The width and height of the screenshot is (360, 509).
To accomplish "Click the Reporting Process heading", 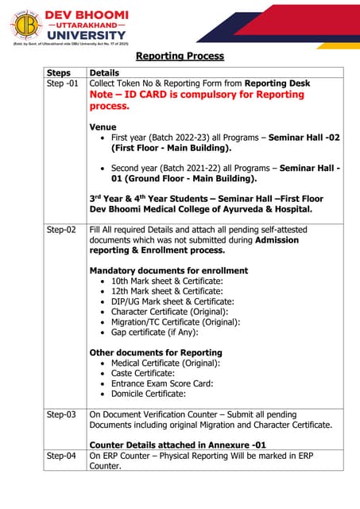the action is (x=180, y=56).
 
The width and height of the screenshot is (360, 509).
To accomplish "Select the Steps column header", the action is (x=59, y=72).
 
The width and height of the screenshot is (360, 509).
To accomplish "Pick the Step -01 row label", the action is (x=63, y=84).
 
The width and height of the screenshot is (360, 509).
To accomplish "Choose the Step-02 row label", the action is (x=61, y=230).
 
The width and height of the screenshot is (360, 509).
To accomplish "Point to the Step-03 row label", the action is (x=61, y=414).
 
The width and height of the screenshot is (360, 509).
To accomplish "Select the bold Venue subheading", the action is (x=103, y=127).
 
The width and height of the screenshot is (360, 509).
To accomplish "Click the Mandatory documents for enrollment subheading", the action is (x=168, y=270).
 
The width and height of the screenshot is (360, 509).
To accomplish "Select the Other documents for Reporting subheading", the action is (x=156, y=352).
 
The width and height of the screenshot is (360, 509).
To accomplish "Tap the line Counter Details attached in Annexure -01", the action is (x=177, y=445).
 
